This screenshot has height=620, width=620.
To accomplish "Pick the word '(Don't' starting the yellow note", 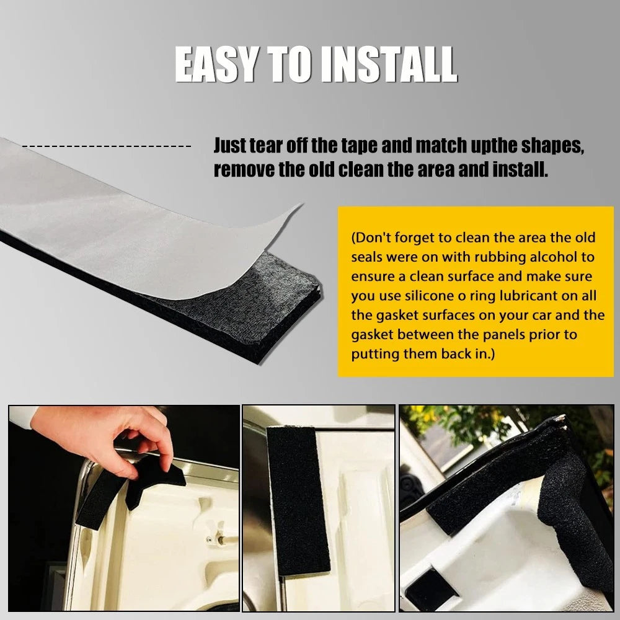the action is click(371, 237).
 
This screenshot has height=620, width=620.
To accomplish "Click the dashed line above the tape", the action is click(107, 146).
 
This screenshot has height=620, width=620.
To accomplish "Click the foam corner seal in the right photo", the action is click(526, 494).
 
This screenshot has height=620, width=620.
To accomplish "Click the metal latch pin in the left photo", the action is click(223, 539).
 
